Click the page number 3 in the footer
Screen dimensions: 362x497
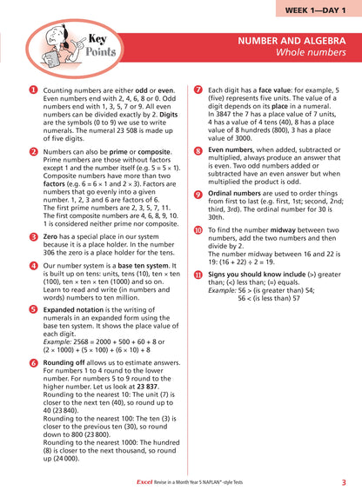(x=344, y=480)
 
